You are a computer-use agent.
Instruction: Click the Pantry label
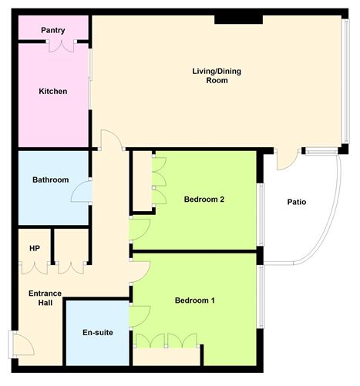(53, 30)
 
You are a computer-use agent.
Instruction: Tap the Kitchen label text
(53, 91)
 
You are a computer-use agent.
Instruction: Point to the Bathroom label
(51, 180)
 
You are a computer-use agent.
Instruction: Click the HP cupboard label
(34, 248)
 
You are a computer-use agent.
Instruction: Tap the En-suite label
(98, 333)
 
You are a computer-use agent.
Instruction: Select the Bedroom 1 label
(194, 300)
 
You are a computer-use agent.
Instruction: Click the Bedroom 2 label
(204, 200)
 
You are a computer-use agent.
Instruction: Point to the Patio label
(297, 203)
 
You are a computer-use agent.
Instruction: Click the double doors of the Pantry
(61, 46)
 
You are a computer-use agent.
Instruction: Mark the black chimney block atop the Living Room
(230, 18)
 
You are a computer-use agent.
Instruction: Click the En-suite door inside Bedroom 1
(139, 315)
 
